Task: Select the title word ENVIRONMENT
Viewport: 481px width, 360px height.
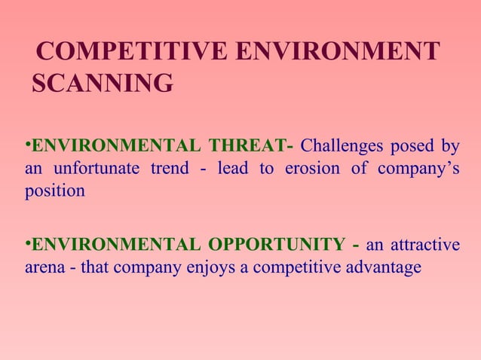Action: pyautogui.click(x=337, y=51)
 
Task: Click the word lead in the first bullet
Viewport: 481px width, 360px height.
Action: pyautogui.click(x=234, y=168)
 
